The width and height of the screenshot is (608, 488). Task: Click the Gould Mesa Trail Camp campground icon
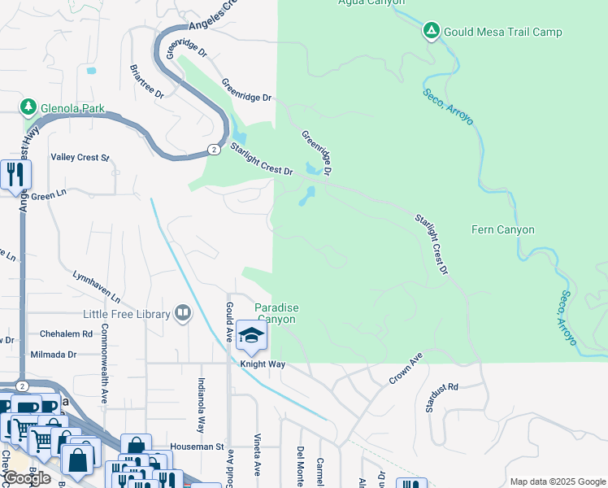(431, 32)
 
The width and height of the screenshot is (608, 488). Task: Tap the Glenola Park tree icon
(28, 107)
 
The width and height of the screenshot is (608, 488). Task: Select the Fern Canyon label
(503, 230)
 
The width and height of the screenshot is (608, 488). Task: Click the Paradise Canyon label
(276, 313)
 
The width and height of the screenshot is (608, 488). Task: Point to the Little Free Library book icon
(183, 314)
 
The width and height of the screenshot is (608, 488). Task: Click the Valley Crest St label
(80, 157)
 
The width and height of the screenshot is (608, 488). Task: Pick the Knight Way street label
(262, 364)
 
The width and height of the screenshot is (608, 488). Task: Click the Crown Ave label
(406, 368)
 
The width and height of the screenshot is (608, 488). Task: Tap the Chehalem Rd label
(65, 333)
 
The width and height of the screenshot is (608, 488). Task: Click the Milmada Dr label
(53, 355)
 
